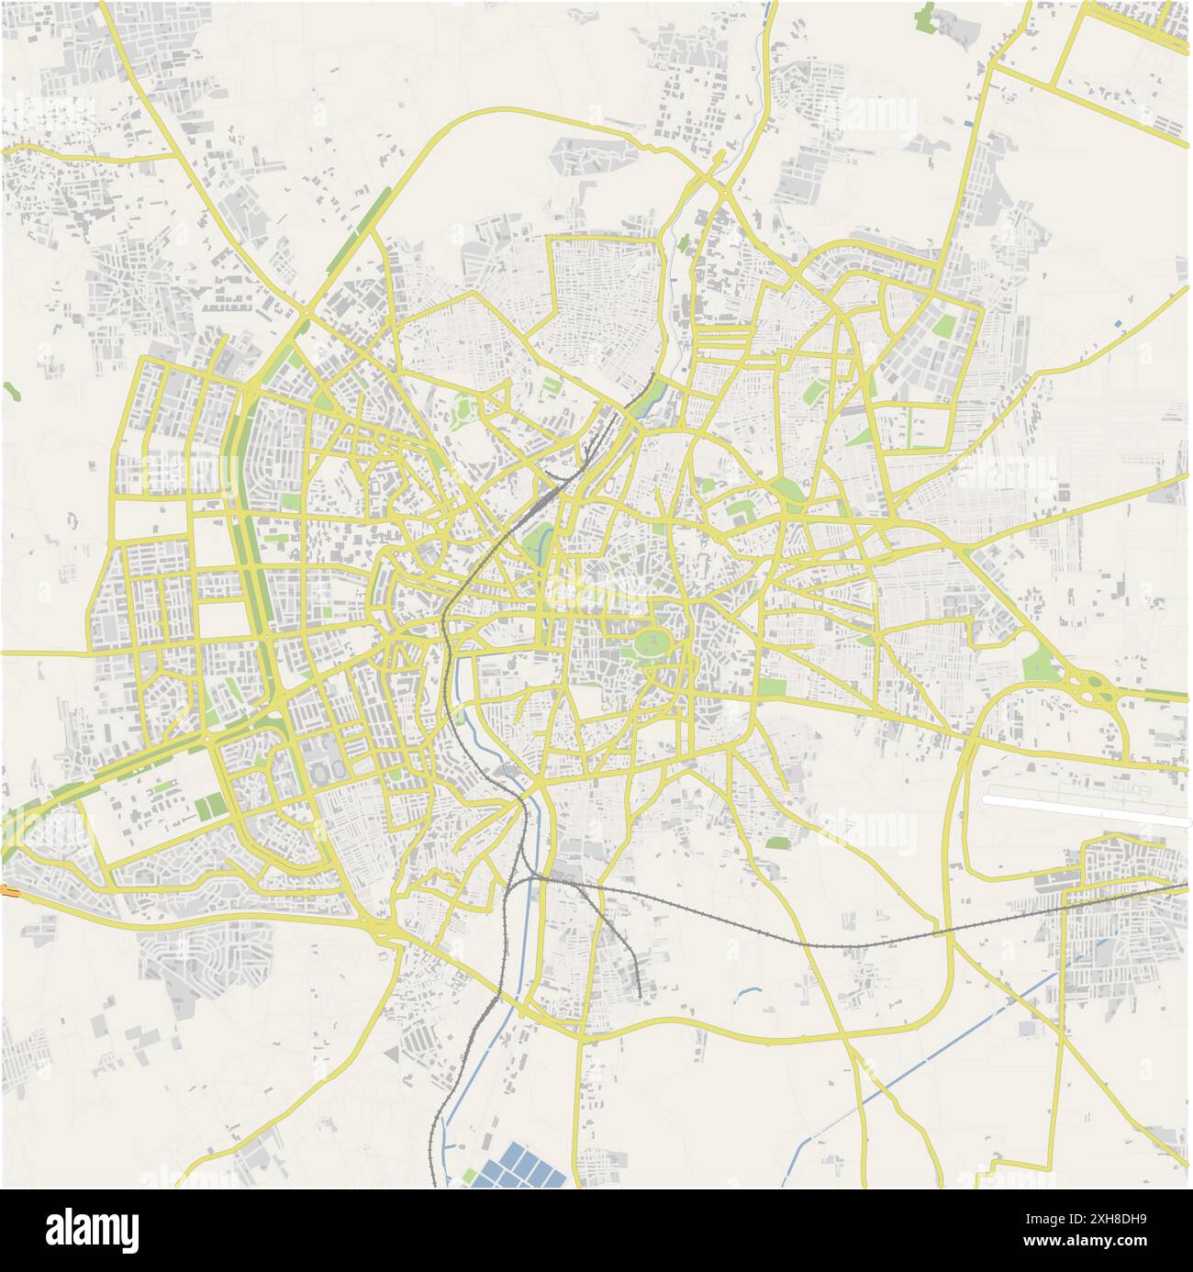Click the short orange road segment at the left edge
click(6, 889)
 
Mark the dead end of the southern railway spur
click(638, 994)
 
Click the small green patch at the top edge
click(926, 16)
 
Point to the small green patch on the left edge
click(11, 390)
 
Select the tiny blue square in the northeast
click(1117, 323)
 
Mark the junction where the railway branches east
click(530, 878)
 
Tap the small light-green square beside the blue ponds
click(469, 1176)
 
